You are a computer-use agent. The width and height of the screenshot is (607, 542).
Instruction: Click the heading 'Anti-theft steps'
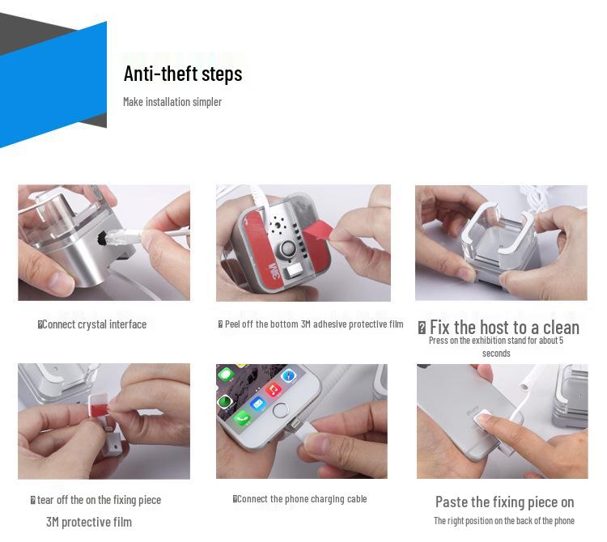point(183,74)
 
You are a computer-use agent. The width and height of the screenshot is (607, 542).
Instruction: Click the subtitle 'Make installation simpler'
point(172,102)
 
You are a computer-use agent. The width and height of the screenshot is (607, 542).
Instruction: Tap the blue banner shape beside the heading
point(53,84)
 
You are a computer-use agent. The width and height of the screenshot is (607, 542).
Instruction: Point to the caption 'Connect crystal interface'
point(94,324)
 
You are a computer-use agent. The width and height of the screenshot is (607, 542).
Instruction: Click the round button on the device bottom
point(287,249)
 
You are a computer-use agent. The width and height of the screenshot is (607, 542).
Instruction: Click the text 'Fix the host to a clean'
point(504,328)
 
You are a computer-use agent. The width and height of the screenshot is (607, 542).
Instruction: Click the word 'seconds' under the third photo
point(496,354)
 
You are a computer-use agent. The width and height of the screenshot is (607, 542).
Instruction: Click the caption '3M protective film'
point(89,522)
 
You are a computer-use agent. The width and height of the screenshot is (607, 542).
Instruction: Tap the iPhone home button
point(280,410)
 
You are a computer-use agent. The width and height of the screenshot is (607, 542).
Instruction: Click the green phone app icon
point(242,417)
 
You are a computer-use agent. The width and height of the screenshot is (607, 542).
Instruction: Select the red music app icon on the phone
point(273,389)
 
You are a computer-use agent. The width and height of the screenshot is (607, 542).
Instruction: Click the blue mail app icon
point(257,404)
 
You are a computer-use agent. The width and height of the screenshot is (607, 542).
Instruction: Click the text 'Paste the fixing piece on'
point(504,502)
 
